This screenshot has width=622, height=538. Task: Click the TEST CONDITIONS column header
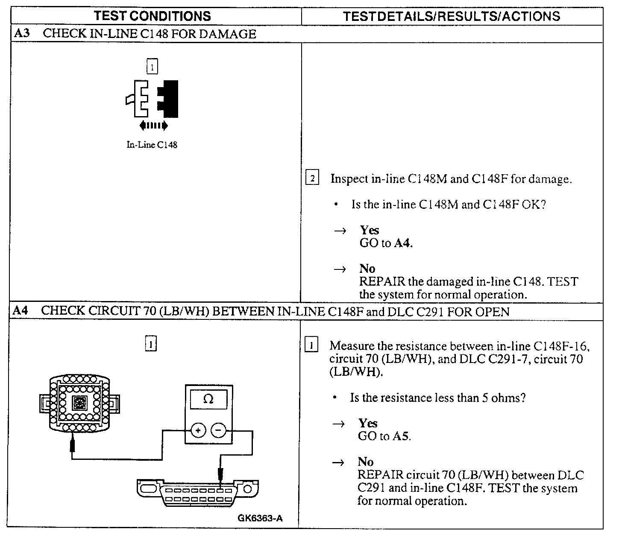[x=152, y=16]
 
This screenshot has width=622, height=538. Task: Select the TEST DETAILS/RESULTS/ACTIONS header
[x=452, y=16]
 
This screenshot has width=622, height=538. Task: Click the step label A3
[x=21, y=34]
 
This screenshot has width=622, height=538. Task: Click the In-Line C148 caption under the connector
[x=152, y=145]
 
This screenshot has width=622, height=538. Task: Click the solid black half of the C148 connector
[x=169, y=98]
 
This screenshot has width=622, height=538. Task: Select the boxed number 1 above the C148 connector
[x=152, y=67]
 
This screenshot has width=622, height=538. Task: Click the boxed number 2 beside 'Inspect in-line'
[x=312, y=178]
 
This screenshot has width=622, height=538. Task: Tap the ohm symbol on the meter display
[x=208, y=399]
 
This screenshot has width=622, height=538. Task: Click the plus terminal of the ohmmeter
[x=197, y=430]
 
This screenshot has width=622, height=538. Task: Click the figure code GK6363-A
[x=260, y=519]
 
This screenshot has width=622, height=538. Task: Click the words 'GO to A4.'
[x=386, y=243]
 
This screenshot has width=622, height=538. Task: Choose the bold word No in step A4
[x=366, y=462]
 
